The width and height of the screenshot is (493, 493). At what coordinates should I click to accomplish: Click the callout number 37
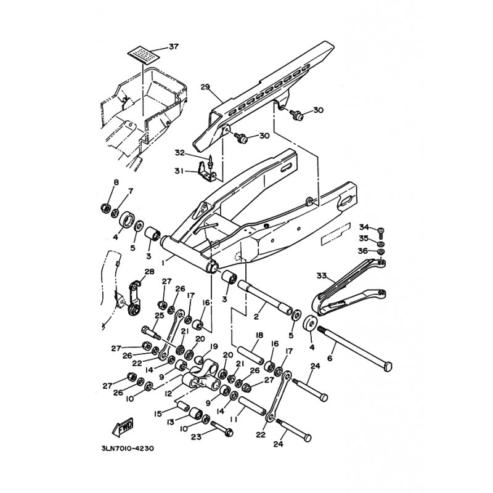click(x=174, y=47)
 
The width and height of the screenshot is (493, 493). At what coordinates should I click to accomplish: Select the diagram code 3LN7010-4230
click(x=128, y=449)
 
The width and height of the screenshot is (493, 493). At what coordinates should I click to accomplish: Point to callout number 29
click(x=205, y=87)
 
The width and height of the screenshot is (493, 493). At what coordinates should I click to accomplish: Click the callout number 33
click(x=322, y=275)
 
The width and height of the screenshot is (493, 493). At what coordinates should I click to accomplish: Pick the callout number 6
click(x=330, y=358)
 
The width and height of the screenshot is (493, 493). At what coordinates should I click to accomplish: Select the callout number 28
click(x=149, y=271)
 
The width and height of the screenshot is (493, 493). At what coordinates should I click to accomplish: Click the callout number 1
click(x=163, y=263)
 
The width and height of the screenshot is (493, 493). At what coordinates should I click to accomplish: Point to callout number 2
click(x=256, y=316)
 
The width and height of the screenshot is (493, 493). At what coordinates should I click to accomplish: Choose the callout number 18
click(x=259, y=335)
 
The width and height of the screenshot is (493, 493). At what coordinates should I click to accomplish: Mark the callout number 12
click(x=169, y=393)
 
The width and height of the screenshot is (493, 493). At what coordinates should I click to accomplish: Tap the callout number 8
click(x=116, y=182)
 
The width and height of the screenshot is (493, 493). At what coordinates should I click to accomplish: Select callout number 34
click(x=364, y=227)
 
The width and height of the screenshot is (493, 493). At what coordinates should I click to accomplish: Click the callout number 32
click(x=180, y=153)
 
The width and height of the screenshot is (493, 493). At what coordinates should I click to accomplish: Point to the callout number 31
click(x=179, y=171)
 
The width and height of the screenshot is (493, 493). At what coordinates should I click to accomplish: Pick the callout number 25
click(x=160, y=315)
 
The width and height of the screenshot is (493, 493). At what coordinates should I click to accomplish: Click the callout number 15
click(x=158, y=414)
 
